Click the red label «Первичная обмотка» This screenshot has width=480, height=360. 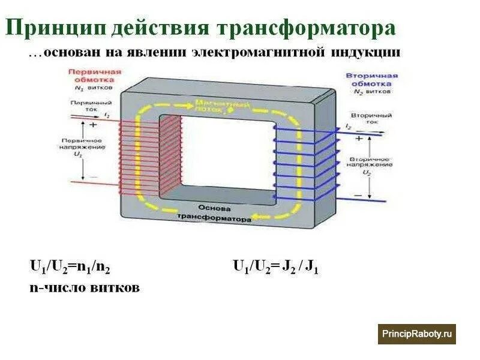(x=94, y=75)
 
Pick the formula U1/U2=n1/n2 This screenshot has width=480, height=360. (x=70, y=266)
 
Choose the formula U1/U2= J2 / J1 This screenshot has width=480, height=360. (x=275, y=266)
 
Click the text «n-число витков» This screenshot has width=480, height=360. (x=84, y=287)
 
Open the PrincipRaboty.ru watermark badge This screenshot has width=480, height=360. (x=416, y=334)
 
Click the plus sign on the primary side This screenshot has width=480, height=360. (x=93, y=126)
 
